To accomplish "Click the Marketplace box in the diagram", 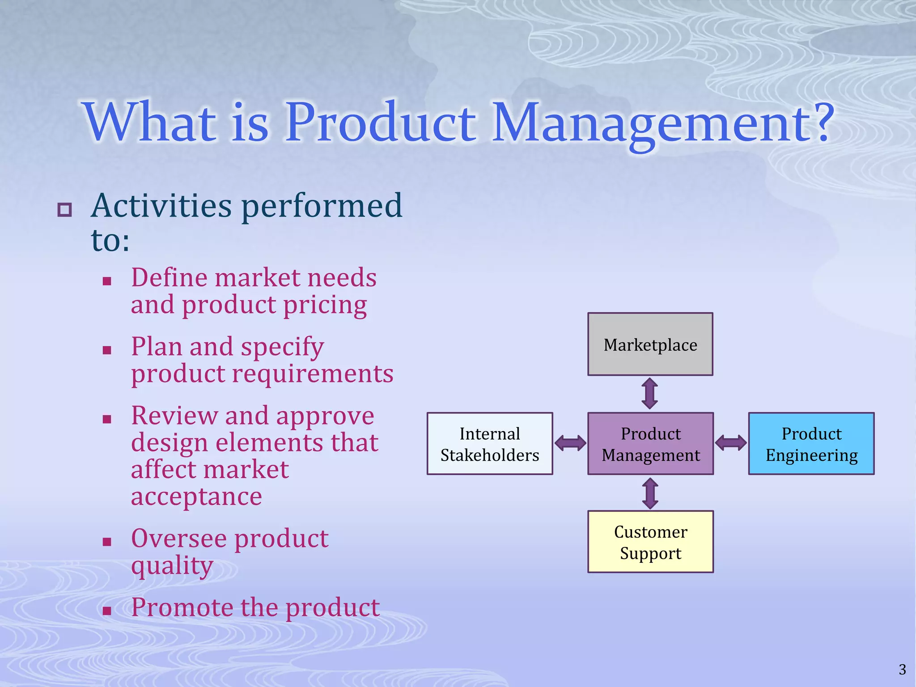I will coord(650,344).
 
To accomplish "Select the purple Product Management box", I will coord(650,444).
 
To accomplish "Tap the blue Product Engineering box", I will coord(811,444).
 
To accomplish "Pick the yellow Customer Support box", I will coord(650,542).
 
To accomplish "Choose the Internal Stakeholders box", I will coord(490,444).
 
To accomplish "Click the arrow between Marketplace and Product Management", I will coord(649,394).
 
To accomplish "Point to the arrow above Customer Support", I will coord(650,493).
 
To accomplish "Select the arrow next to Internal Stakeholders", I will coord(570,443).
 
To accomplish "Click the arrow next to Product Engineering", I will coord(731,443).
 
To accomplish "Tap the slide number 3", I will coord(902,670).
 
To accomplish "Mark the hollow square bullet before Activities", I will coord(65,209).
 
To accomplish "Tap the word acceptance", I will coord(196,497).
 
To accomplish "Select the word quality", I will coord(172,566).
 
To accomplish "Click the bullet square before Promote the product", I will coord(106,611).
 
